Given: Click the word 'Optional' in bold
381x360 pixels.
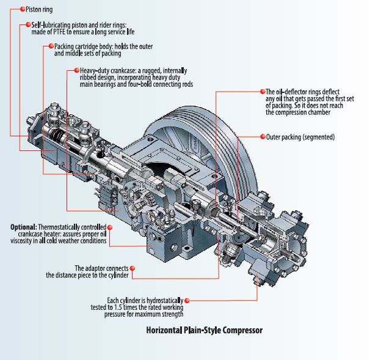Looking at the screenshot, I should point(24,227).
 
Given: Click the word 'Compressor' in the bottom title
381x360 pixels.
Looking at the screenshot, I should point(241,331).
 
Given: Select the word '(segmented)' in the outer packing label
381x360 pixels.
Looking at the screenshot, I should point(317,137).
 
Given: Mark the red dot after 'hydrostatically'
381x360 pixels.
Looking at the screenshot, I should point(186,300).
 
